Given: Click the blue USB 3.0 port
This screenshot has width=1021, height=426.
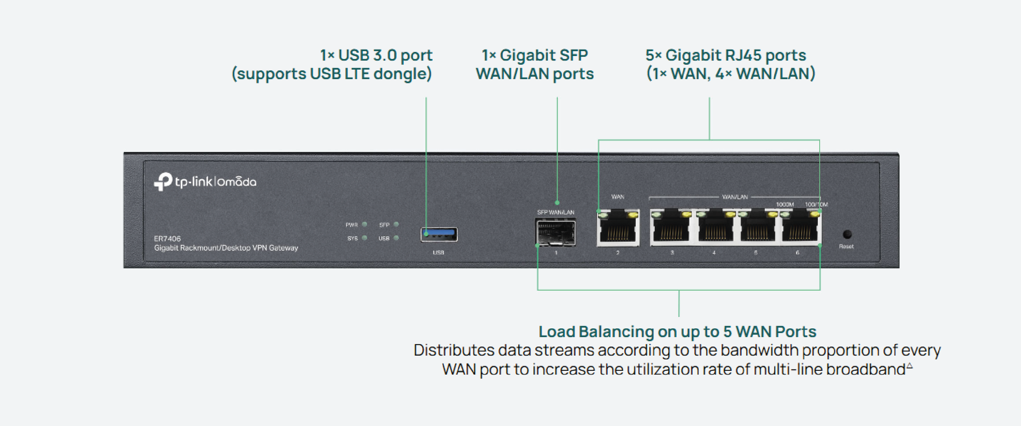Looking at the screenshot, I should click(x=439, y=234).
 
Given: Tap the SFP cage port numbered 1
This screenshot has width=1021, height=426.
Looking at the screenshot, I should click(x=555, y=233).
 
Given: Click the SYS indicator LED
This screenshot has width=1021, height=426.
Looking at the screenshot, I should click(x=365, y=238).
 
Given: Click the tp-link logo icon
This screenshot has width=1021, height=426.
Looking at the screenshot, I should click(x=163, y=182).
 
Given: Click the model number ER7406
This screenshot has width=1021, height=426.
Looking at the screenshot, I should click(x=167, y=239).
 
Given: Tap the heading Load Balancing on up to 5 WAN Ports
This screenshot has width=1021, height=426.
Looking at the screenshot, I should click(x=677, y=331).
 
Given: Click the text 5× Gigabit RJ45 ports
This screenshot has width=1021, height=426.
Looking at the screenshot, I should click(x=726, y=55).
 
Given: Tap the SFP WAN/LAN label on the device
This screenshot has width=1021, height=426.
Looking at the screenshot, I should click(x=555, y=212).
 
